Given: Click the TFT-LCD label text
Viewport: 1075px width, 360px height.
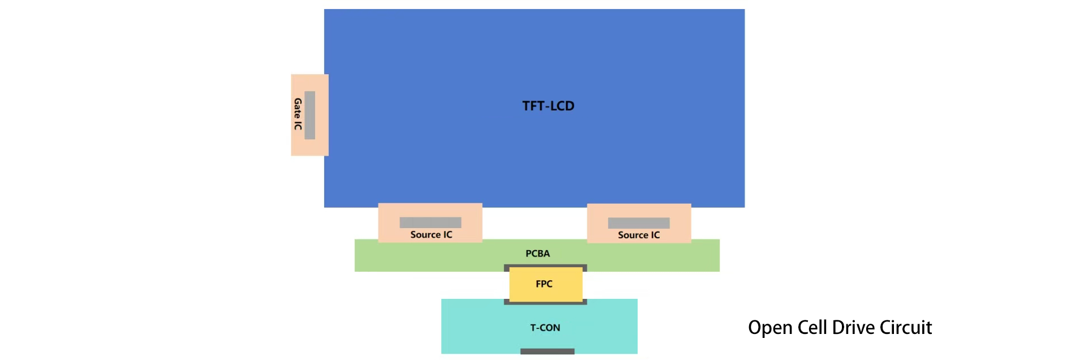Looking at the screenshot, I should pyautogui.click(x=548, y=106).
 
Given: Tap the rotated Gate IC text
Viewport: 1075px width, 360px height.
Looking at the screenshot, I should pyautogui.click(x=298, y=114).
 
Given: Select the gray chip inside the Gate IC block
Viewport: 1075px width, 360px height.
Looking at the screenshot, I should pyautogui.click(x=309, y=115).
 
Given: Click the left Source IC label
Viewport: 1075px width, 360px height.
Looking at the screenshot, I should pyautogui.click(x=431, y=234).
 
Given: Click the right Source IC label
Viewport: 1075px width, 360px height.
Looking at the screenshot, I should pyautogui.click(x=639, y=235).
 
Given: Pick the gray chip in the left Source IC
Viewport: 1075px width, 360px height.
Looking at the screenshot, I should pyautogui.click(x=430, y=222).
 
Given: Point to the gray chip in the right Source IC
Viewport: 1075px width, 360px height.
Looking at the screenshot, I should pyautogui.click(x=638, y=223).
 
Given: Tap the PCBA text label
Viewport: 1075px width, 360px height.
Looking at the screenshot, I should pyautogui.click(x=537, y=254).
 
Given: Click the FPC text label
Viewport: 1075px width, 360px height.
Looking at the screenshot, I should pyautogui.click(x=544, y=284).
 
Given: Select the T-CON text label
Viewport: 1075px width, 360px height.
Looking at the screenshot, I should pyautogui.click(x=545, y=328).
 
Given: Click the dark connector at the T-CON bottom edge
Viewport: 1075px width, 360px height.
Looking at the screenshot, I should pyautogui.click(x=547, y=352).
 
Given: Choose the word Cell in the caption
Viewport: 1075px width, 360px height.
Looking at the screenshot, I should pyautogui.click(x=812, y=327).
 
